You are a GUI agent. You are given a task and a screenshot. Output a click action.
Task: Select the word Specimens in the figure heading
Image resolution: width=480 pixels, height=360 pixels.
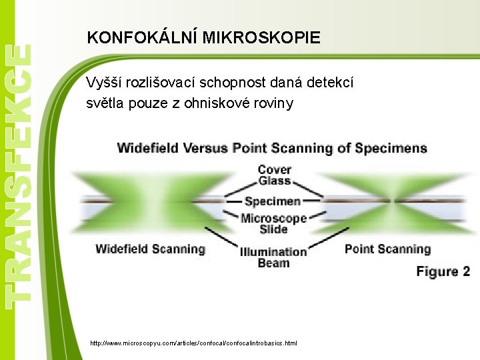[391, 147]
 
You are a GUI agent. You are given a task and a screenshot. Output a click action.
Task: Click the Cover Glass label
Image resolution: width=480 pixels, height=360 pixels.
[274, 175]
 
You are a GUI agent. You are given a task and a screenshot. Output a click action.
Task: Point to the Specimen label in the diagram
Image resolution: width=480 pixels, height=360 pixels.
[273, 201]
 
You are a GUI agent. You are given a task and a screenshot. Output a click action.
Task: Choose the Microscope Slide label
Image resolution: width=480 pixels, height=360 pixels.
[273, 223]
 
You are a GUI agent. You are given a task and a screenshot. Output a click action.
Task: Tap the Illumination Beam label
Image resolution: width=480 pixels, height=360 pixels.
[273, 257]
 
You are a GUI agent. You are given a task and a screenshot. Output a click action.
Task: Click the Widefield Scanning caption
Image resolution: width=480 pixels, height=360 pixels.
[150, 249]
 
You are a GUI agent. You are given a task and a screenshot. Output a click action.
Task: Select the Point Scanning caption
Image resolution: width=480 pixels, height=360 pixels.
[387, 249]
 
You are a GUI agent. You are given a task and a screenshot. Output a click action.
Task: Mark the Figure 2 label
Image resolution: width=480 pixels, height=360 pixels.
[443, 271]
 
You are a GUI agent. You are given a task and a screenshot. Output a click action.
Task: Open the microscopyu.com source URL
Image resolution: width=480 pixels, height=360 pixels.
[193, 343]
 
